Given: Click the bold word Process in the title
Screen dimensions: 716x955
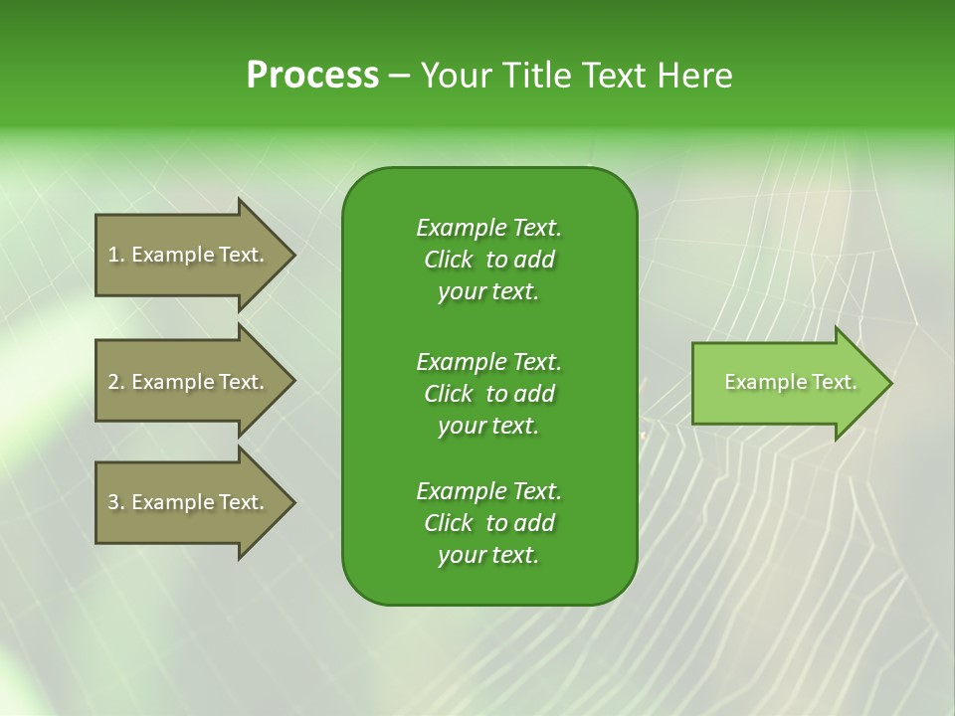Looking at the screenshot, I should pos(312,76).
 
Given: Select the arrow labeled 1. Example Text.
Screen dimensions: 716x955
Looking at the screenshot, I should pos(189,255).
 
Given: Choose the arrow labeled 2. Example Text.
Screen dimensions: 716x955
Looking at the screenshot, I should pos(189,382).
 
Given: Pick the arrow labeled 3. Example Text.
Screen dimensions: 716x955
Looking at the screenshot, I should pos(189,502).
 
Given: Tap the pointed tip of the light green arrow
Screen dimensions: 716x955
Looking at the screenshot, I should pos(889,383).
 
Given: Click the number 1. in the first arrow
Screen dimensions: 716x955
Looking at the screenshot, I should pos(115,255).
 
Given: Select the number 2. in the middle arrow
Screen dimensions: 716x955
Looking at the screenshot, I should pos(115,382).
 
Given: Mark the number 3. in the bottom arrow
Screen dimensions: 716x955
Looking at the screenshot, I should pos(115,502).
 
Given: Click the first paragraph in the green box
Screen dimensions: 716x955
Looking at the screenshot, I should pos(488,260).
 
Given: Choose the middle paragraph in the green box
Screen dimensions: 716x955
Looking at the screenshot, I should pos(488,393).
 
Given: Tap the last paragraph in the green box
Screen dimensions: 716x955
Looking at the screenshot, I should pos(488,523).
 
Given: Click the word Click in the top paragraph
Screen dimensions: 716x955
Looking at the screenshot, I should pos(448,260).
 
